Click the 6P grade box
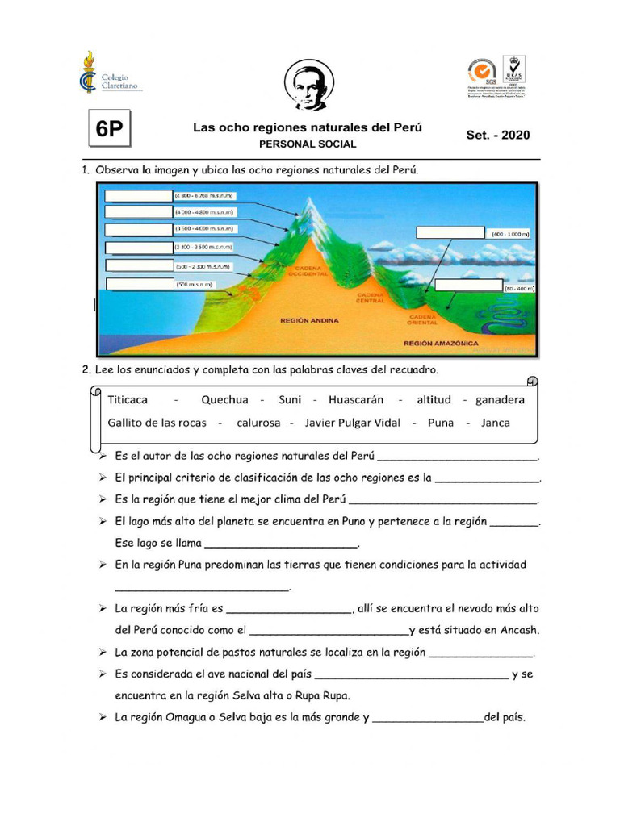[x=110, y=131]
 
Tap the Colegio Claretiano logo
[x=111, y=73]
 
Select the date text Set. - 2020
[x=498, y=135]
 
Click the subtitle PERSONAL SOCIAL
[x=307, y=144]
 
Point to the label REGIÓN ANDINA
[x=308, y=320]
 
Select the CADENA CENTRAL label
[x=375, y=298]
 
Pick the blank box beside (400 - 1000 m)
[x=450, y=233]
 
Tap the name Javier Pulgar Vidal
[x=353, y=423]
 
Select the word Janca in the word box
[x=496, y=423]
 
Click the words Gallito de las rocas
[x=157, y=423]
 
